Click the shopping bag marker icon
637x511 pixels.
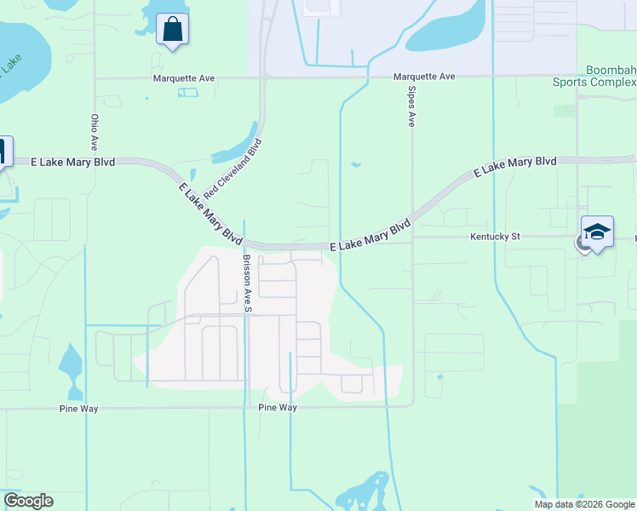pyautogui.click(x=173, y=30)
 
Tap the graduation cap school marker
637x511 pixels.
pyautogui.click(x=597, y=232)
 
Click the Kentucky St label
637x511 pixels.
pyautogui.click(x=495, y=236)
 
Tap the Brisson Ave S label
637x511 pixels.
pyautogui.click(x=247, y=283)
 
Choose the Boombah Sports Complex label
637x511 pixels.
pyautogui.click(x=594, y=77)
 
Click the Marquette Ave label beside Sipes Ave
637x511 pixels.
pyautogui.click(x=424, y=77)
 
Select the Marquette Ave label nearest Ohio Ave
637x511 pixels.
pyautogui.click(x=184, y=78)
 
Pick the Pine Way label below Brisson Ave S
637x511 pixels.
pyautogui.click(x=278, y=408)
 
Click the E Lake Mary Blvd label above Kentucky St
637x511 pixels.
pyautogui.click(x=515, y=167)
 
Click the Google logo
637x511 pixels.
pyautogui.click(x=28, y=501)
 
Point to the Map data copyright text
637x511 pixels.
pyautogui.click(x=584, y=504)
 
